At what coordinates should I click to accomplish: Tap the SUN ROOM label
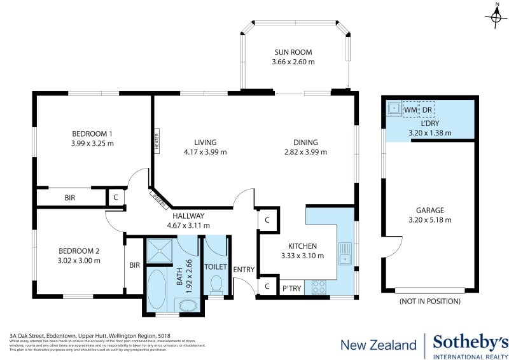pos(293,52)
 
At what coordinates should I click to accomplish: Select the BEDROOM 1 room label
pos(92,134)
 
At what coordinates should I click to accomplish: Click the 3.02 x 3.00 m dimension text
pos(79,260)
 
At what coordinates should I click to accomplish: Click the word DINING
pos(305,142)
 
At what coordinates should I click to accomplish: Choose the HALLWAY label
pos(188,216)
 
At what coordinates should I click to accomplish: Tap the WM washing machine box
pos(410,110)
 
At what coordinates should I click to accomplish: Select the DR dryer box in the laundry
pos(427,110)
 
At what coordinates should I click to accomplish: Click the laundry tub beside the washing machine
pos(394,109)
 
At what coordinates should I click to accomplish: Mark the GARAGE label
pos(429,211)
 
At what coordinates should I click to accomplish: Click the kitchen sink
pos(345,253)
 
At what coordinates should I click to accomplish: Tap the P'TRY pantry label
pos(291,289)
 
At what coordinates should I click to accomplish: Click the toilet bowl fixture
pos(216,284)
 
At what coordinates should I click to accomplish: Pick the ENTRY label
pos(244,270)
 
